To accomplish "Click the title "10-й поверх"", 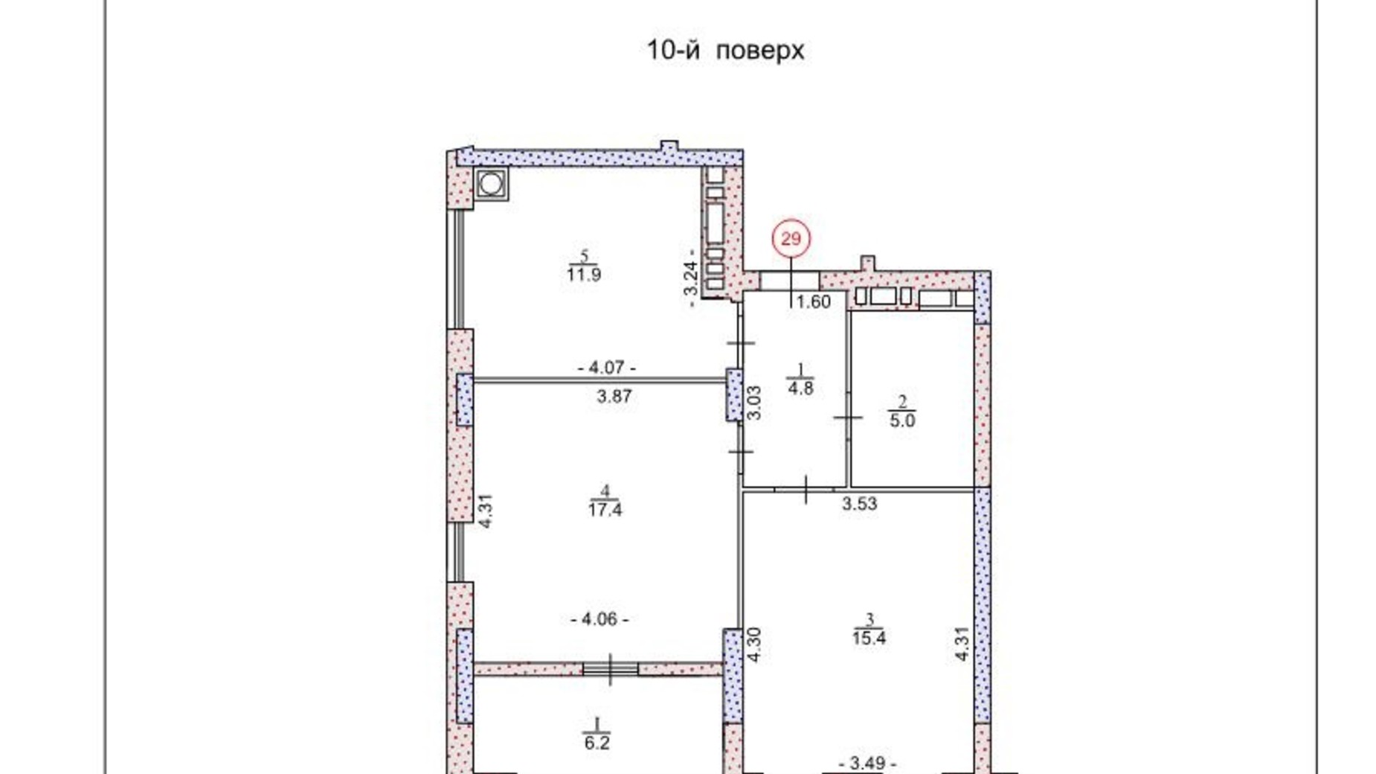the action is [725, 51].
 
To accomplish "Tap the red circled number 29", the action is [791, 239].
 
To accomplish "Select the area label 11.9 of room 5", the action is [584, 275].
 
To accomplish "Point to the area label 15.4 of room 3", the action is [869, 638].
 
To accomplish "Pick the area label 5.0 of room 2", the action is [902, 420].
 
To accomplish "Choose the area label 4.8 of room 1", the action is [800, 388].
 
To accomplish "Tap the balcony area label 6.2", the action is [597, 743].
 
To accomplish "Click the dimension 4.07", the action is [607, 368].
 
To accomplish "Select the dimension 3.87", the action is [614, 397].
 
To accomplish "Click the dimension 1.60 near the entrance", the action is [814, 302].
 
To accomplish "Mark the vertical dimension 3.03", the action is [753, 403].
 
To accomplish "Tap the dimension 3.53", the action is [860, 504].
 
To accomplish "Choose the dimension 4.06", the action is [599, 619].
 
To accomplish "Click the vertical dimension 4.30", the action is [754, 645].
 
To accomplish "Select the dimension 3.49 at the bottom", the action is [867, 764].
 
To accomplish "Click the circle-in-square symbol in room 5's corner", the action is [491, 183].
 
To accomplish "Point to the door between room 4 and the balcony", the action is [610, 668].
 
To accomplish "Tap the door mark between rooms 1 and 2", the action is [848, 418].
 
